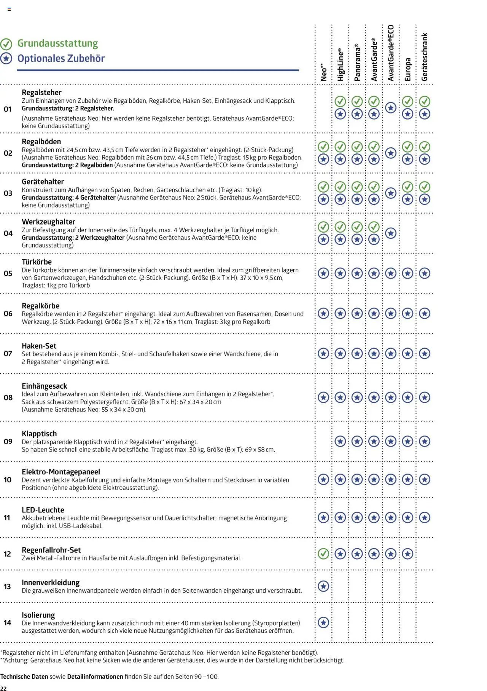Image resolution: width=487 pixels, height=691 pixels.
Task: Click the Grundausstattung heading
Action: point(57,43)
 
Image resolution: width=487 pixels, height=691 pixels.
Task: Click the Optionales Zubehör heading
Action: point(61,59)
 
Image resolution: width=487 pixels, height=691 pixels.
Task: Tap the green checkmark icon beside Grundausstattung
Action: point(6,44)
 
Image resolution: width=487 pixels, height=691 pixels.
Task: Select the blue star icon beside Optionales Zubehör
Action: point(6,59)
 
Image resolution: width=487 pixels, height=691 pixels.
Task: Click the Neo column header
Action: point(323,72)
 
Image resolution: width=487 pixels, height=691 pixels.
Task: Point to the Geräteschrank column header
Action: point(425,57)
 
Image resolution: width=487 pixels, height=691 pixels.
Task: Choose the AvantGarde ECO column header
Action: point(391,53)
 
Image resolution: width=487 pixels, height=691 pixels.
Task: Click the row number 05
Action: point(8,273)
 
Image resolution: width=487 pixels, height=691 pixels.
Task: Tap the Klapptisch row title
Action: point(39,434)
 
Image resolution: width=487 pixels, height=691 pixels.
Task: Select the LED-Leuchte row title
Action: point(43,510)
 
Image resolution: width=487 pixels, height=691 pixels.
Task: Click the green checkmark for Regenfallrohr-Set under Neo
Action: point(323,553)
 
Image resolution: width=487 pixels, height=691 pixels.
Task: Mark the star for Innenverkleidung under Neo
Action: point(323,586)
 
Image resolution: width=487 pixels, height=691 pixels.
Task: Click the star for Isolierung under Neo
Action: point(323,622)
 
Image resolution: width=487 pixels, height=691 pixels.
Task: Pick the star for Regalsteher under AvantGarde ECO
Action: point(391,108)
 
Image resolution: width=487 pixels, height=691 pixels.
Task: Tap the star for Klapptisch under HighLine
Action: point(340,441)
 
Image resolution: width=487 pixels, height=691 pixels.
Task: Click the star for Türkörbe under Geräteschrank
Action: point(425,273)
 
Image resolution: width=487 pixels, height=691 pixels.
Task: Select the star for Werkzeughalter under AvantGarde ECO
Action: point(391,233)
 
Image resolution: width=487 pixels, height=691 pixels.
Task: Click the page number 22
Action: point(3,688)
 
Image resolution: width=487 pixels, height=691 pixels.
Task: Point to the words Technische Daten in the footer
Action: point(24,677)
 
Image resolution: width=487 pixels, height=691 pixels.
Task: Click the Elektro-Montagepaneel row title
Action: point(61,472)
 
